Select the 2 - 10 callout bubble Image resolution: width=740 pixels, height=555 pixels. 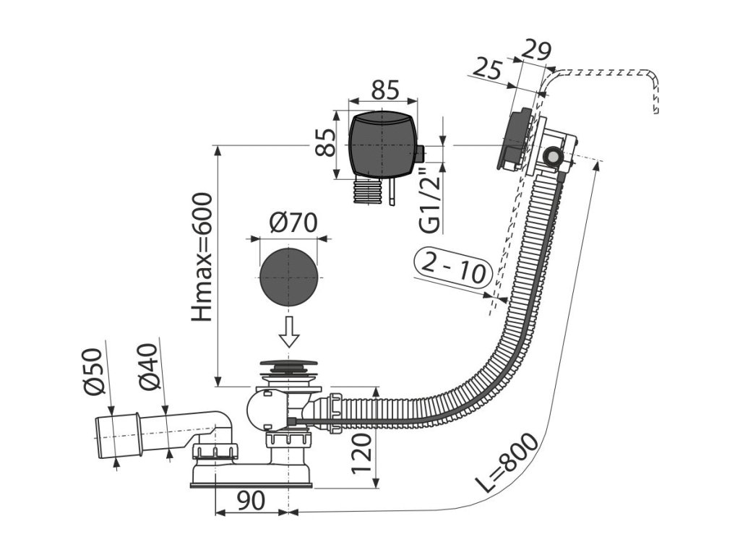point(454,272)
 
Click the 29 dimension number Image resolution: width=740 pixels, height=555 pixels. point(535,52)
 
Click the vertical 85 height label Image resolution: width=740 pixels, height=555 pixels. point(327,142)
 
